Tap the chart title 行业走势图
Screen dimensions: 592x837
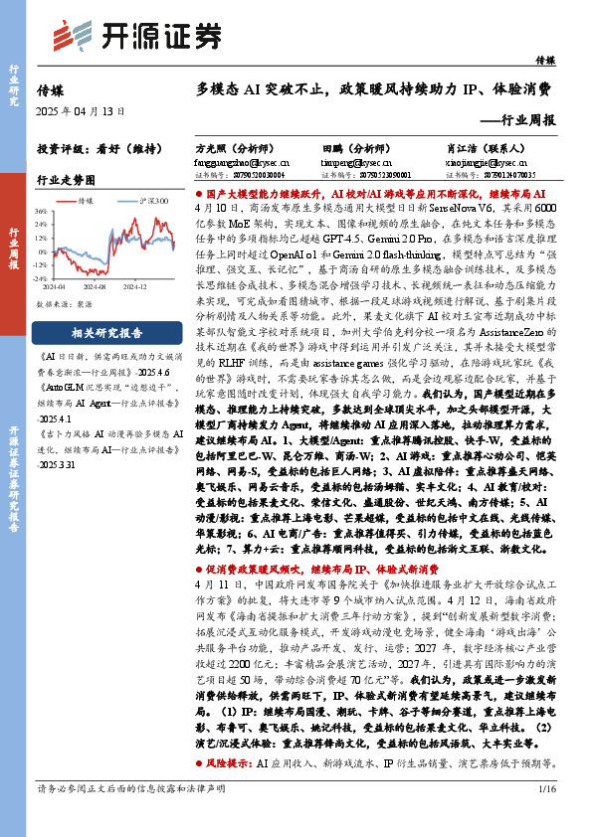click(x=66, y=180)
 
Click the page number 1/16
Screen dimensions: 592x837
click(x=546, y=816)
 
